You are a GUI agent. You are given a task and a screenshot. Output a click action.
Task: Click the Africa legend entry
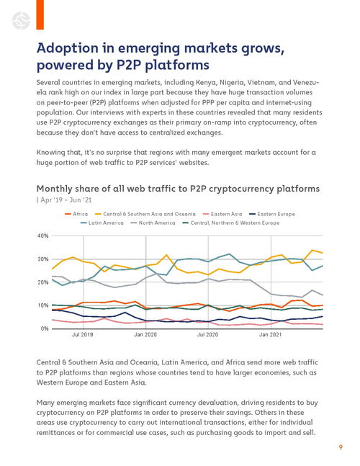coord(76,214)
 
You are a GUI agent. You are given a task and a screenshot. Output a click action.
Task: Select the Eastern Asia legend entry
coord(222,214)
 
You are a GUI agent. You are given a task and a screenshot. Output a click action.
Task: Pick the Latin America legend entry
coord(102,223)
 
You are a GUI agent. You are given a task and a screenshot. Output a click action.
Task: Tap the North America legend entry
coord(153,223)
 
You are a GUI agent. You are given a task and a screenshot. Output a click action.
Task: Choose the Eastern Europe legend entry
coord(272,214)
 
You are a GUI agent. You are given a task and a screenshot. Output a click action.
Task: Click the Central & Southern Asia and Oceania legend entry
coord(145,214)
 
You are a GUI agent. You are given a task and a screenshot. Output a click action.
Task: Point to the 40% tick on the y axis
coord(42,236)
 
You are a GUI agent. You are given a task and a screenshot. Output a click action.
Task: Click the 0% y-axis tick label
coord(45,328)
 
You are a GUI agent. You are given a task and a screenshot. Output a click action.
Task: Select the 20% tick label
coord(42,282)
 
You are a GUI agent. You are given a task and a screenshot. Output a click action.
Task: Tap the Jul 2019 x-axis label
coord(82,335)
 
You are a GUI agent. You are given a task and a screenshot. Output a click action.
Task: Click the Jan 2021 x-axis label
coord(270,335)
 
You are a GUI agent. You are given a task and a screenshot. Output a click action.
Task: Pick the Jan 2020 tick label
coord(145,335)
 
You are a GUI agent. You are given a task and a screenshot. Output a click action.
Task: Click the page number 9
coord(341,447)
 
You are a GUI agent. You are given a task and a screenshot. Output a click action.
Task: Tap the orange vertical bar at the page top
coord(40,14)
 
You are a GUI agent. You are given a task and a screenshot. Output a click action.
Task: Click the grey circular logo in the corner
coord(21,21)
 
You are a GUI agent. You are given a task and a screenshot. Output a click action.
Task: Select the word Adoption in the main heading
coord(68,49)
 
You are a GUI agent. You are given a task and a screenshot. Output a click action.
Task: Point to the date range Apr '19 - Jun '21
coord(64,200)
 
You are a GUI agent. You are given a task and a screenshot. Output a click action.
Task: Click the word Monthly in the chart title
coord(54,189)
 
